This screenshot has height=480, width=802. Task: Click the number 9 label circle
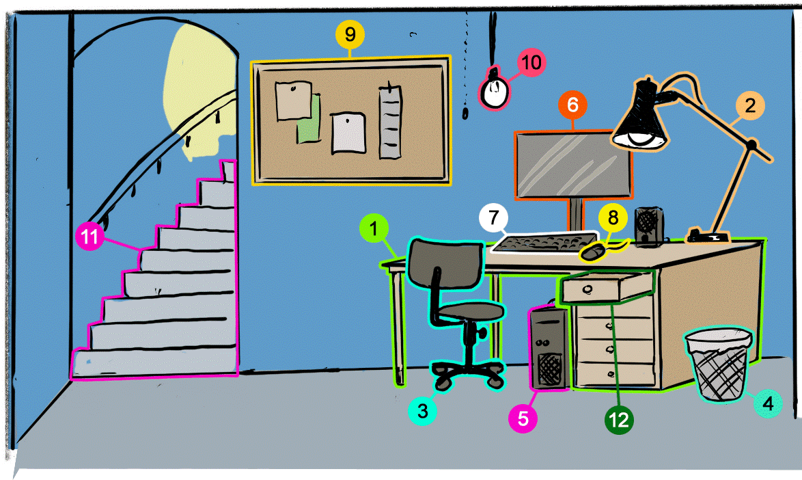click(x=350, y=33)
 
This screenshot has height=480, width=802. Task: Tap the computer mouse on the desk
click(x=592, y=254)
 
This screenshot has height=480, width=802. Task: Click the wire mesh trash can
click(x=719, y=366)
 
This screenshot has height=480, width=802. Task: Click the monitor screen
click(x=573, y=163)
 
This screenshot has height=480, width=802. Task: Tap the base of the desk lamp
click(x=707, y=237)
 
